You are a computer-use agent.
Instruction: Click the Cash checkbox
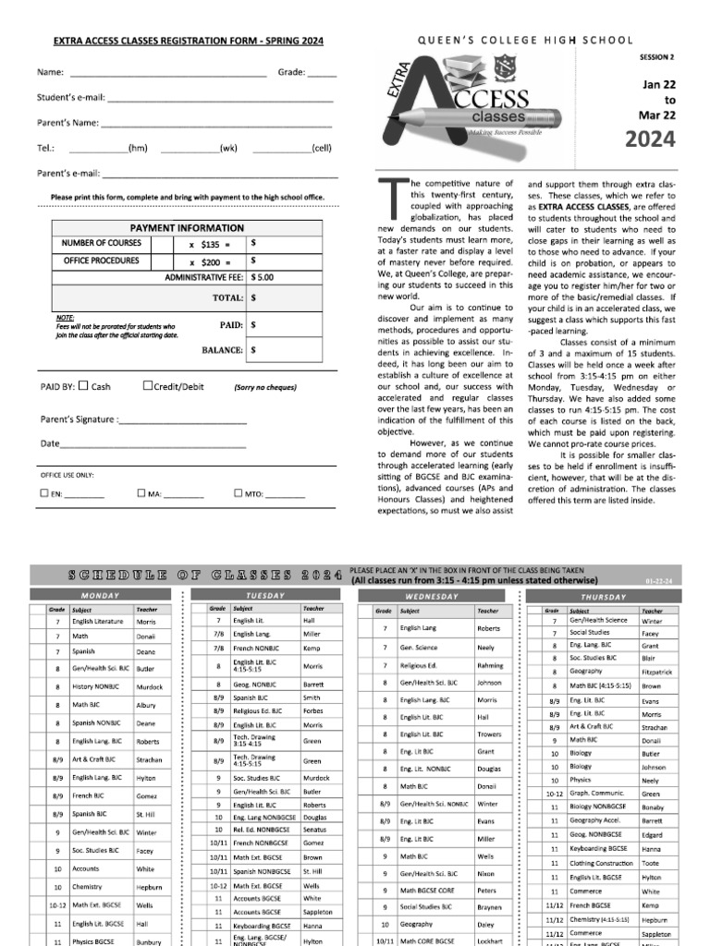(x=83, y=386)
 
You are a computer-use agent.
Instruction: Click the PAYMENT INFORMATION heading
(x=187, y=227)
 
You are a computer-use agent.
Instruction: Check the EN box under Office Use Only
(x=43, y=493)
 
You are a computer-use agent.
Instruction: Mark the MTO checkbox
(x=226, y=493)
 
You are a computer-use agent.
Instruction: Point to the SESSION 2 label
(x=656, y=57)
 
